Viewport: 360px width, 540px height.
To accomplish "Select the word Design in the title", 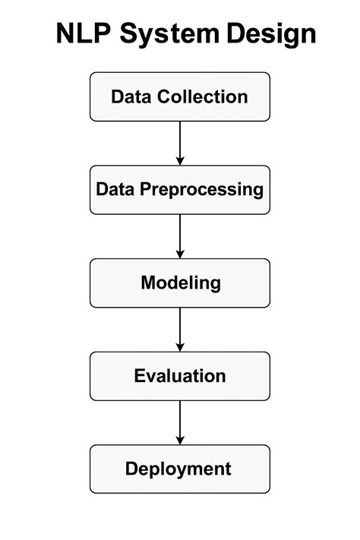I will click(x=271, y=34).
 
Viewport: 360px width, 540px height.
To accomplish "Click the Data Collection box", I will click(x=180, y=96).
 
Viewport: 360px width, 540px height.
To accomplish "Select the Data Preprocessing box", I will click(x=180, y=189).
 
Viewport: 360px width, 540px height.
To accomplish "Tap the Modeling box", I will click(x=180, y=283).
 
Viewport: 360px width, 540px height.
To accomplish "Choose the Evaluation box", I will click(x=180, y=376).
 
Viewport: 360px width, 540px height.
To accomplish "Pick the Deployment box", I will click(x=180, y=469).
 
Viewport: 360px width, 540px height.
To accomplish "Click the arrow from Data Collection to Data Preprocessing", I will click(x=180, y=142).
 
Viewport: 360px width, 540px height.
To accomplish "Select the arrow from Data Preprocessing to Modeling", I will click(x=180, y=235).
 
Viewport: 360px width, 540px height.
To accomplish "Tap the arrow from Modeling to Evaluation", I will click(x=180, y=329).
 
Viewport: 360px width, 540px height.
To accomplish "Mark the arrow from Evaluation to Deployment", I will click(x=180, y=422).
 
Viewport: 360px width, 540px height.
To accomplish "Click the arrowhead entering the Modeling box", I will click(x=180, y=253).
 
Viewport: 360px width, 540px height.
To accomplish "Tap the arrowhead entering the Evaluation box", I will click(x=180, y=346).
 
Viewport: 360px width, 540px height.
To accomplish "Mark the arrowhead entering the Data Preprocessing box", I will click(x=180, y=159).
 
